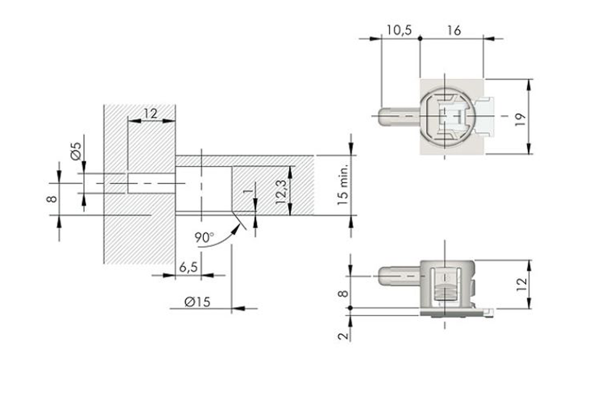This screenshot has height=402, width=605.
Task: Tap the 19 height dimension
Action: tap(520, 117)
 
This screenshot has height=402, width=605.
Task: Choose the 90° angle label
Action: tap(204, 237)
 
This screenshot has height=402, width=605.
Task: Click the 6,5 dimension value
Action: tap(188, 267)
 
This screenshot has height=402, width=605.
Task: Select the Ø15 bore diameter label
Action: tap(197, 302)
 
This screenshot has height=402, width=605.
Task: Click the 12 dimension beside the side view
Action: tap(521, 285)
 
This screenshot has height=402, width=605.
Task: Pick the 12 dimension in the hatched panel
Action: tap(151, 113)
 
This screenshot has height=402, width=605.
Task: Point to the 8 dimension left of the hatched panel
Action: tap(52, 199)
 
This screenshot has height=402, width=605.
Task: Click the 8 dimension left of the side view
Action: tap(343, 293)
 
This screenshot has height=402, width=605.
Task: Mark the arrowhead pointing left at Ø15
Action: tap(238, 308)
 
